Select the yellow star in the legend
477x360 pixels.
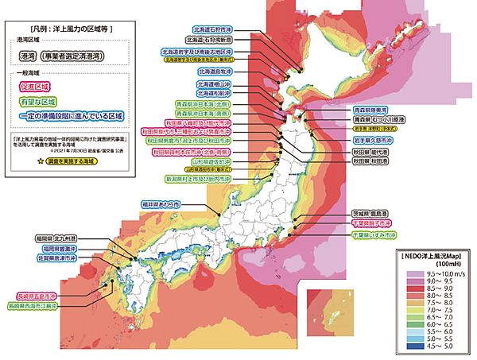(37, 161)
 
